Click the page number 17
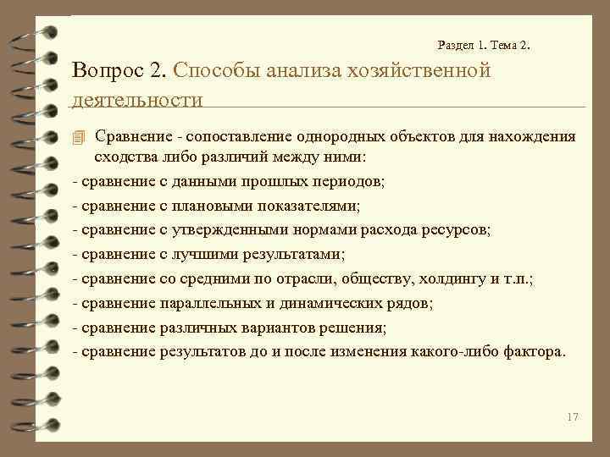click(572, 416)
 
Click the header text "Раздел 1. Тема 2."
click(486, 45)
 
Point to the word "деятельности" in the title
click(138, 100)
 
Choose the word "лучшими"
click(209, 254)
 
